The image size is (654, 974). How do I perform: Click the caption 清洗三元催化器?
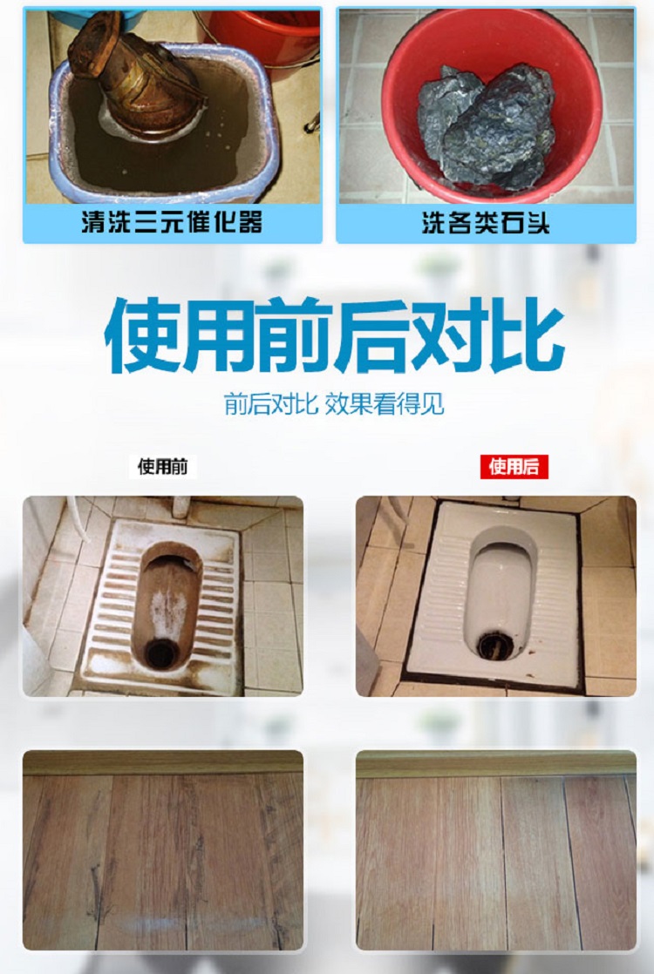[172, 224]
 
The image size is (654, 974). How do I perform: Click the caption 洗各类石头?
[485, 224]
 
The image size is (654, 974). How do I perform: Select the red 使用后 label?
[514, 467]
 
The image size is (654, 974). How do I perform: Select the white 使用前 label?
[162, 467]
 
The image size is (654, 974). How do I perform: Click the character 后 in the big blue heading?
[373, 336]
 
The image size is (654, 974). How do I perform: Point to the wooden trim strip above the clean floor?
[495, 764]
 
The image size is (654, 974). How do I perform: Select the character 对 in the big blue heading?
[449, 336]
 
